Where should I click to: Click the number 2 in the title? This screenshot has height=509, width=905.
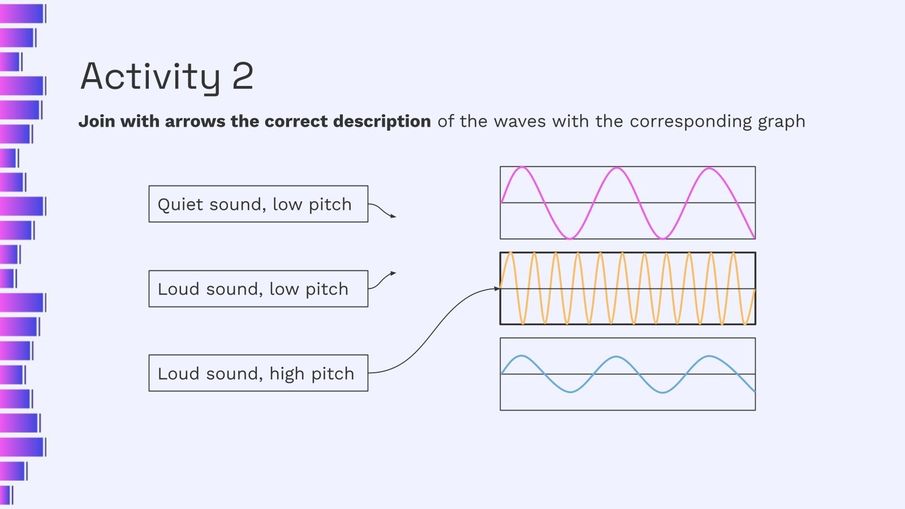pos(243,76)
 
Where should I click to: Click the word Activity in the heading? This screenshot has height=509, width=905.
pos(150,76)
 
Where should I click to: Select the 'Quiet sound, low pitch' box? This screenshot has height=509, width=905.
pos(258,204)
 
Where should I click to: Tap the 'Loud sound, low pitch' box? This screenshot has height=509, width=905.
pos(258,289)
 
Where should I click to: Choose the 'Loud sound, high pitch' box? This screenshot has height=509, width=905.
pos(258,373)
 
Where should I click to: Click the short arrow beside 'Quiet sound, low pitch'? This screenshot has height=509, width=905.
pos(382,210)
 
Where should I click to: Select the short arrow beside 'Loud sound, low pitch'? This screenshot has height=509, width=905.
pos(382,279)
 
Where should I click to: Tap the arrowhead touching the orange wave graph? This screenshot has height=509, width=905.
pos(497,288)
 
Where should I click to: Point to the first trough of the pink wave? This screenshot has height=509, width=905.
pos(570,238)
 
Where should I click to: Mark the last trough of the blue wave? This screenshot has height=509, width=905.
pos(662,392)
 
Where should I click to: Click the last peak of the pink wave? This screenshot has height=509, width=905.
pos(709,169)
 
